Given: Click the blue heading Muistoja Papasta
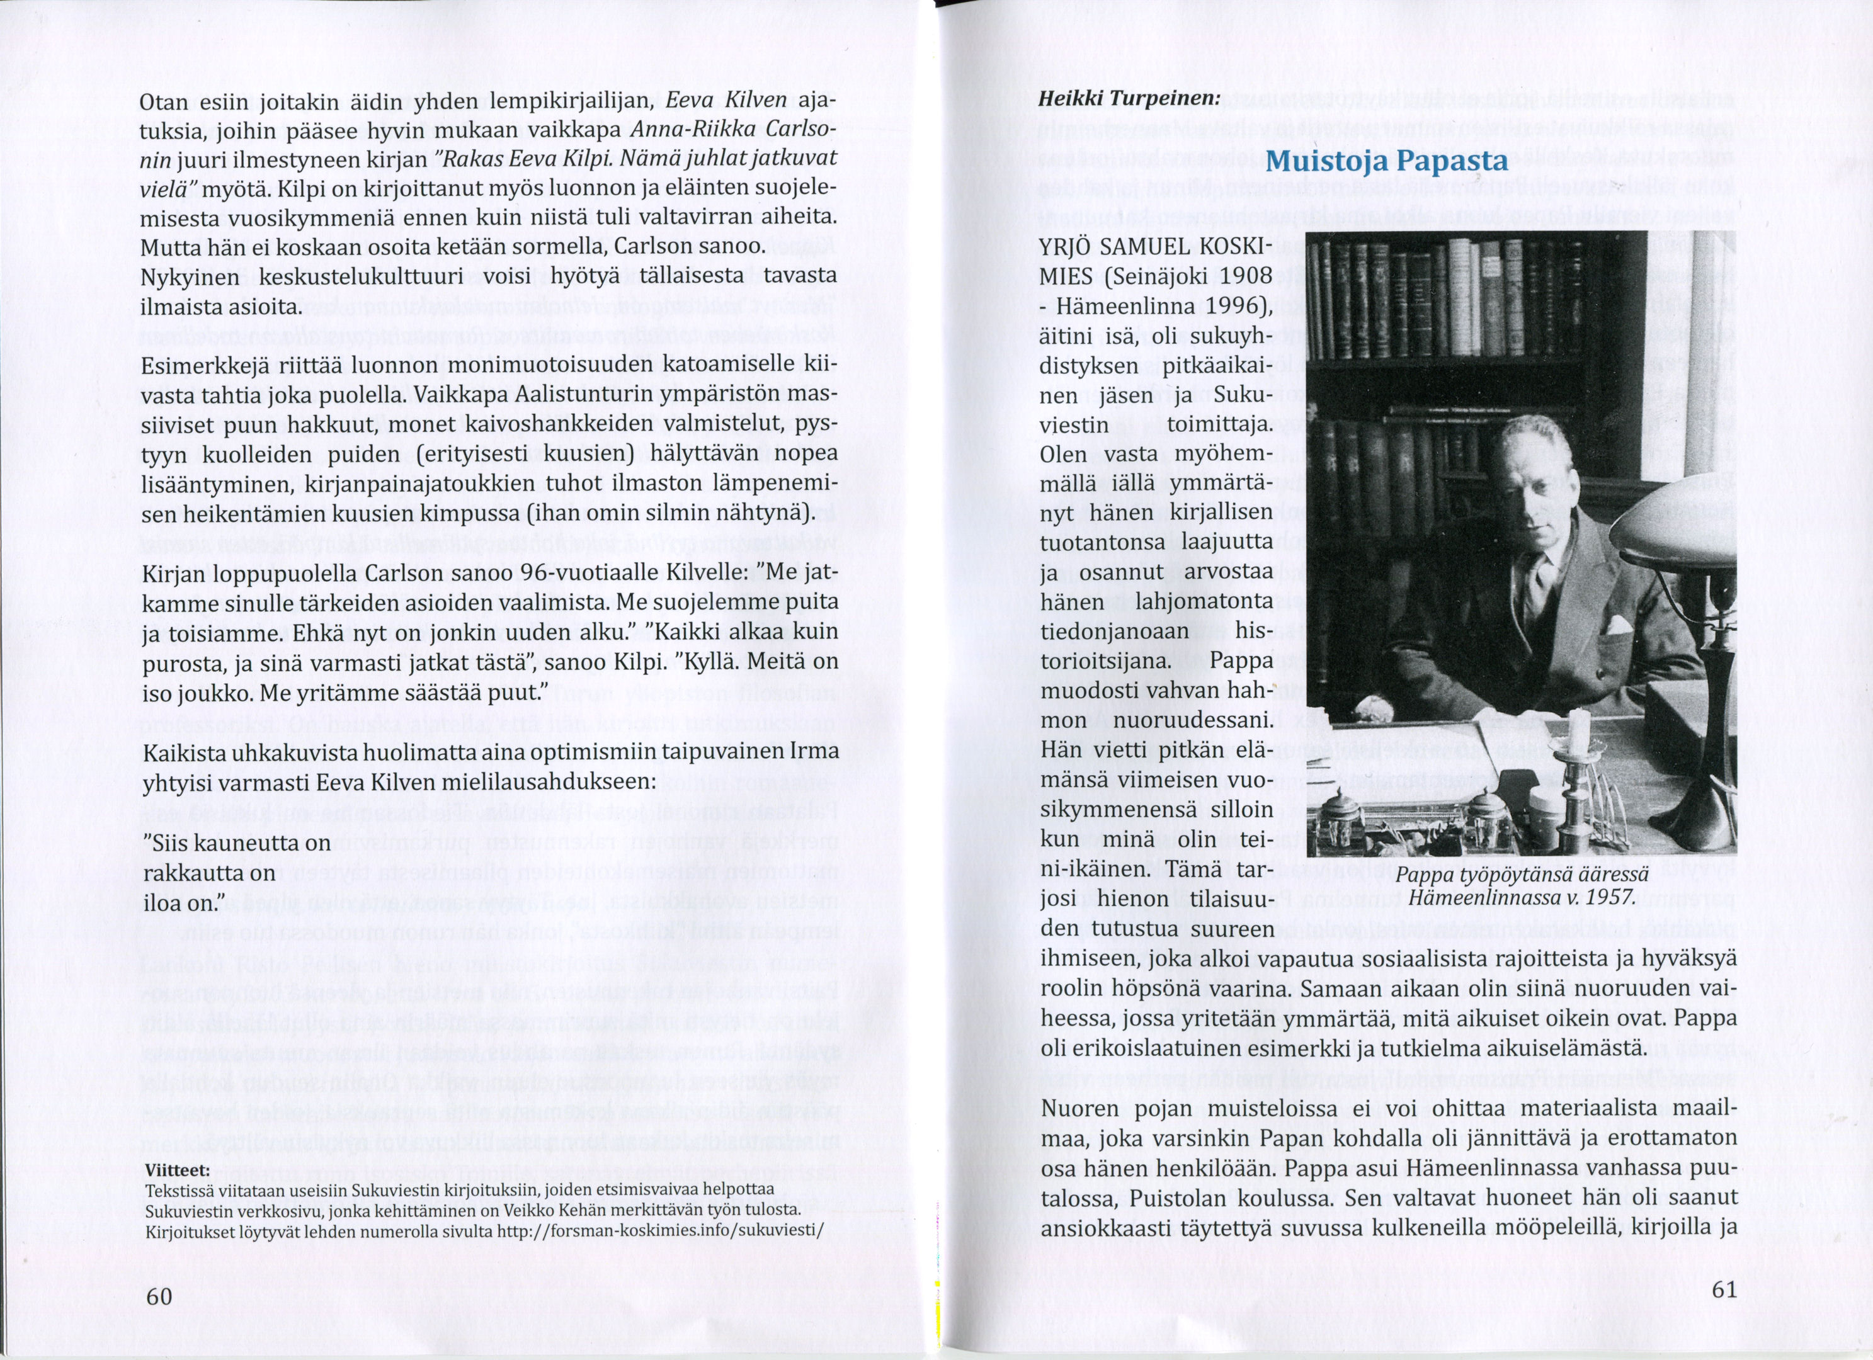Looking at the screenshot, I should pos(1387,160).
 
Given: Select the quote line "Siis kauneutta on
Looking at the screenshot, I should pos(236,844).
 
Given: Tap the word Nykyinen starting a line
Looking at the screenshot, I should pos(190,276).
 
